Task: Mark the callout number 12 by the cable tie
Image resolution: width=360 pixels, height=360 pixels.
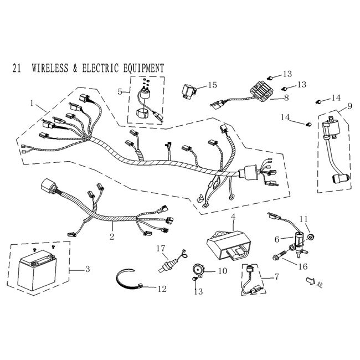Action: click(x=161, y=289)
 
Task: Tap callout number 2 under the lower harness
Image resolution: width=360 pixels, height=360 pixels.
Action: click(x=111, y=236)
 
